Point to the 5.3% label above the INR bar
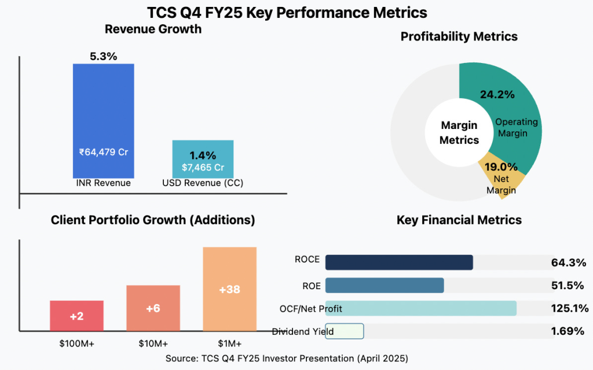(103, 56)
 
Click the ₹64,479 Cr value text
(103, 153)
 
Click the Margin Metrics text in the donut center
(459, 132)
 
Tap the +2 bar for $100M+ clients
(76, 316)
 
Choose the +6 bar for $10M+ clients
(153, 308)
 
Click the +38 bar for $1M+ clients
(229, 289)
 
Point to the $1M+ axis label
(229, 343)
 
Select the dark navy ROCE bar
(399, 262)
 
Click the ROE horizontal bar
(385, 286)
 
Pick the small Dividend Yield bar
(344, 331)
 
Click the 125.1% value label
(569, 308)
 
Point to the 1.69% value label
(568, 331)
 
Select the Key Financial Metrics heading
(459, 220)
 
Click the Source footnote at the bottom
(286, 358)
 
